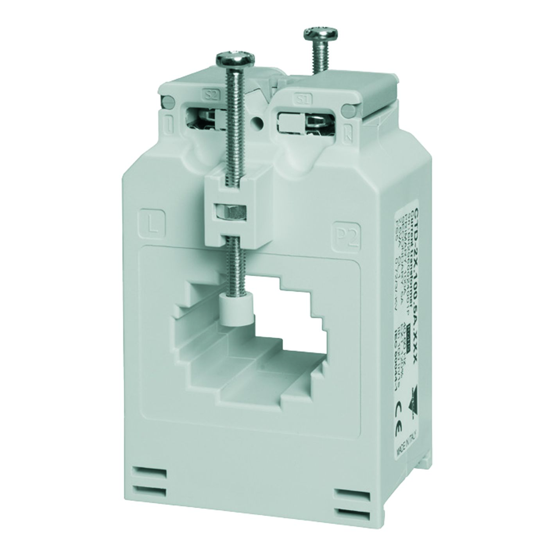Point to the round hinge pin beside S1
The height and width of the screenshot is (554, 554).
(345, 111)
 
